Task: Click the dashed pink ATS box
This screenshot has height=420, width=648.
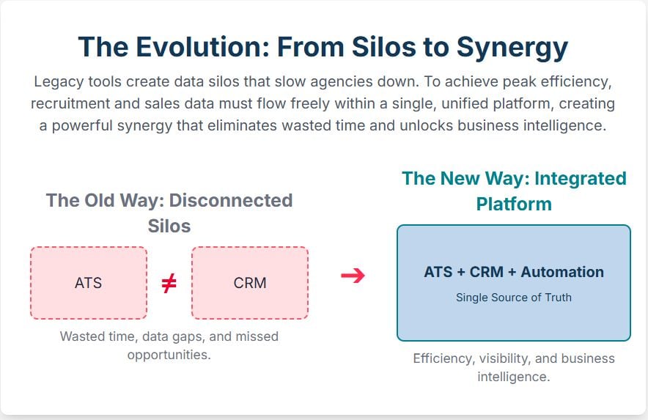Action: pyautogui.click(x=89, y=283)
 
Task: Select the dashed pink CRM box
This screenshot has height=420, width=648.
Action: pyautogui.click(x=250, y=283)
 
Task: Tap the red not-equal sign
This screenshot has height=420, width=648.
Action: pyautogui.click(x=169, y=283)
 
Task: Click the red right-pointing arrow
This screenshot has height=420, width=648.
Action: pyautogui.click(x=353, y=276)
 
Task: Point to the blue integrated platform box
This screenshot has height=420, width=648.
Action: pyautogui.click(x=514, y=283)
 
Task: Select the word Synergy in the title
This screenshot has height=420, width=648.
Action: pyautogui.click(x=512, y=48)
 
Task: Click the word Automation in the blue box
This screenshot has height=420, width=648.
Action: pyautogui.click(x=562, y=272)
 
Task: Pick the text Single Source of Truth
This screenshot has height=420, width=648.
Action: pyautogui.click(x=514, y=298)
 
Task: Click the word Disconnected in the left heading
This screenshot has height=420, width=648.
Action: pyautogui.click(x=231, y=201)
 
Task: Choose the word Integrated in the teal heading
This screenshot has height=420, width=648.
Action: pyautogui.click(x=581, y=179)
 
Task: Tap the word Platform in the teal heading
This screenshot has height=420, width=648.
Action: pyautogui.click(x=514, y=205)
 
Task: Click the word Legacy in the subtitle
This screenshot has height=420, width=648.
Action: pyautogui.click(x=57, y=82)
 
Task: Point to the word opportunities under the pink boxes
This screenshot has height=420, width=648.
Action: pyautogui.click(x=169, y=355)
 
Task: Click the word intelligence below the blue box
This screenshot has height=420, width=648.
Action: pyautogui.click(x=514, y=377)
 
